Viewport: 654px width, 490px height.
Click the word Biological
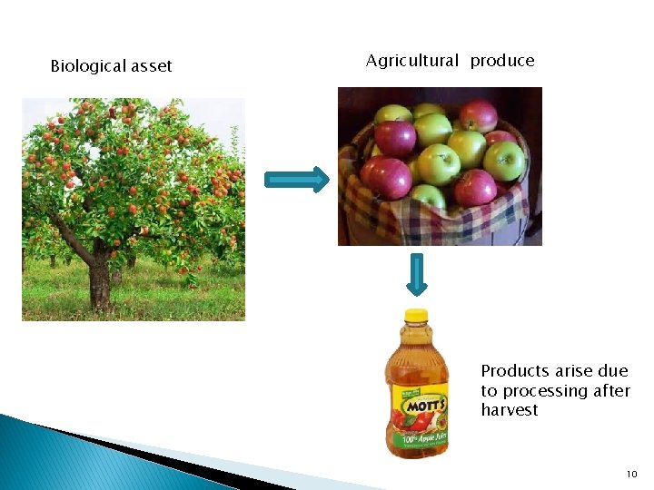coord(87,66)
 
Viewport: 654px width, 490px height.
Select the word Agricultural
coord(412,61)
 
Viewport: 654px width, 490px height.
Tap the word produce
coord(502,61)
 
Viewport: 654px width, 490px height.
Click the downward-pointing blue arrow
coord(416,275)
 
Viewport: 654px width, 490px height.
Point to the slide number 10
coord(632,475)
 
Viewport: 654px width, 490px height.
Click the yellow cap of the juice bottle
coord(416,317)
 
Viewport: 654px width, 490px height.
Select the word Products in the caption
coord(514,371)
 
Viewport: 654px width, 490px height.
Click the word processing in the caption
coord(544,391)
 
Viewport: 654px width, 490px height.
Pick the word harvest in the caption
coord(510,410)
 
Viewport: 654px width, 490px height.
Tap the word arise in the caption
coord(574,371)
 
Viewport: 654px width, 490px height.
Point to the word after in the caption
coord(611,391)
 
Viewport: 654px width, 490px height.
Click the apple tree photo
coord(134,209)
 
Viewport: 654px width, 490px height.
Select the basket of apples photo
coord(440,166)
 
